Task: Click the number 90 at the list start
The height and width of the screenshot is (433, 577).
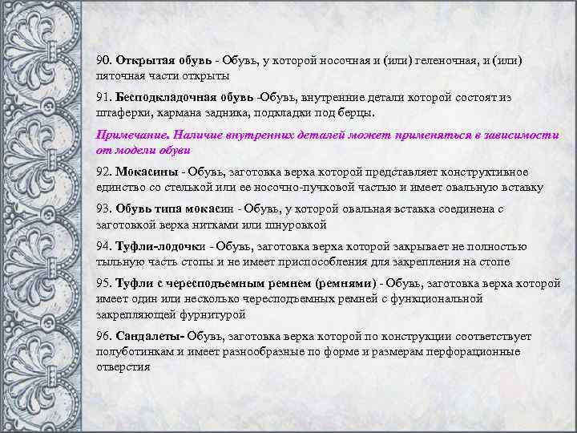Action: click(103, 61)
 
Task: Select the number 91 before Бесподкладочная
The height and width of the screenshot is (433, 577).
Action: click(103, 98)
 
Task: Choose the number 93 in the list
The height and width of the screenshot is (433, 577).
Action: click(103, 208)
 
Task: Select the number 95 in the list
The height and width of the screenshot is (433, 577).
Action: click(103, 283)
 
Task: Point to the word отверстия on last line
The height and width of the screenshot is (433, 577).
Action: click(123, 366)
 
